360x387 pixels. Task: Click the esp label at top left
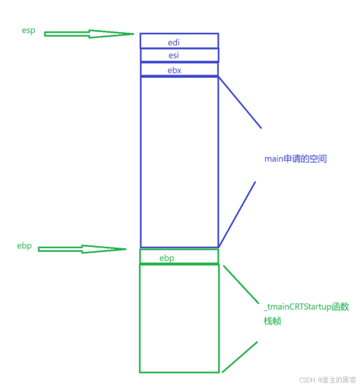pos(28,31)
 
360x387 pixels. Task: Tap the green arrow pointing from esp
pos(78,34)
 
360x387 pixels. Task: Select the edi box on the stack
pos(179,41)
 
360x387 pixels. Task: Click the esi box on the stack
pos(179,55)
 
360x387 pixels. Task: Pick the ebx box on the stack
pos(179,69)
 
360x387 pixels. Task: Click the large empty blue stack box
pos(179,162)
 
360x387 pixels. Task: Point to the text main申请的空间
pos(295,159)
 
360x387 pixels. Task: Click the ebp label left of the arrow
pos(24,246)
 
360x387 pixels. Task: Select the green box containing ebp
pos(179,257)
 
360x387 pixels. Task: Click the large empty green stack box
pos(179,318)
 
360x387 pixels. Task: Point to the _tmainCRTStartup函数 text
pos(306,307)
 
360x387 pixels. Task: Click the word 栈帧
pos(272,321)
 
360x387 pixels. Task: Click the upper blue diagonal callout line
pos(240,103)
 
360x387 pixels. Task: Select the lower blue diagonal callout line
pos(238,214)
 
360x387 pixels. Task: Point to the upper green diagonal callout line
pos(241,284)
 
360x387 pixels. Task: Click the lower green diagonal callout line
pos(240,357)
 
